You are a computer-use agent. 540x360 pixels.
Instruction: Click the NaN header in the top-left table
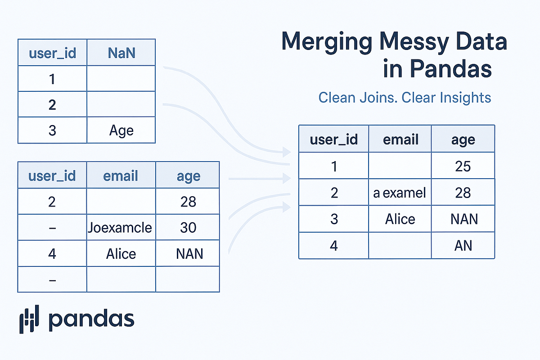121,53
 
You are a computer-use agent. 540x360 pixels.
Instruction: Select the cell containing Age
121,131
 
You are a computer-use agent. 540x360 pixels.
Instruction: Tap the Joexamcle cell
121,227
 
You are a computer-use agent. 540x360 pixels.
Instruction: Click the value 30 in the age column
188,227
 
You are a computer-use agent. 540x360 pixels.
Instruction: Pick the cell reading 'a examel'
400,193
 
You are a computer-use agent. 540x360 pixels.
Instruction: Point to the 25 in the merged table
463,166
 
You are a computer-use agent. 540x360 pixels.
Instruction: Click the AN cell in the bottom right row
463,246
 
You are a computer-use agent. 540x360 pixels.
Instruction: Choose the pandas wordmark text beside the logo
91,319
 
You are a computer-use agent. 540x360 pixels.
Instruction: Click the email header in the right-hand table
400,139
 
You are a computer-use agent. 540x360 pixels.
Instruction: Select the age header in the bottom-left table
188,175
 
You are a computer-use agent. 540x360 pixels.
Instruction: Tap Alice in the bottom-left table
121,254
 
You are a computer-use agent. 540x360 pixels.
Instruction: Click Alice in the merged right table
400,219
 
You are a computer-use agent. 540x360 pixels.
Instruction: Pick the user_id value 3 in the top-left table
52,131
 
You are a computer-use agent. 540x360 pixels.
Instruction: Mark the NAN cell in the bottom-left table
188,254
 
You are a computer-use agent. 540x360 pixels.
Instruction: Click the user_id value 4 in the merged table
333,246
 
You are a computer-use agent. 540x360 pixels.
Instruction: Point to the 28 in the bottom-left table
188,201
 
